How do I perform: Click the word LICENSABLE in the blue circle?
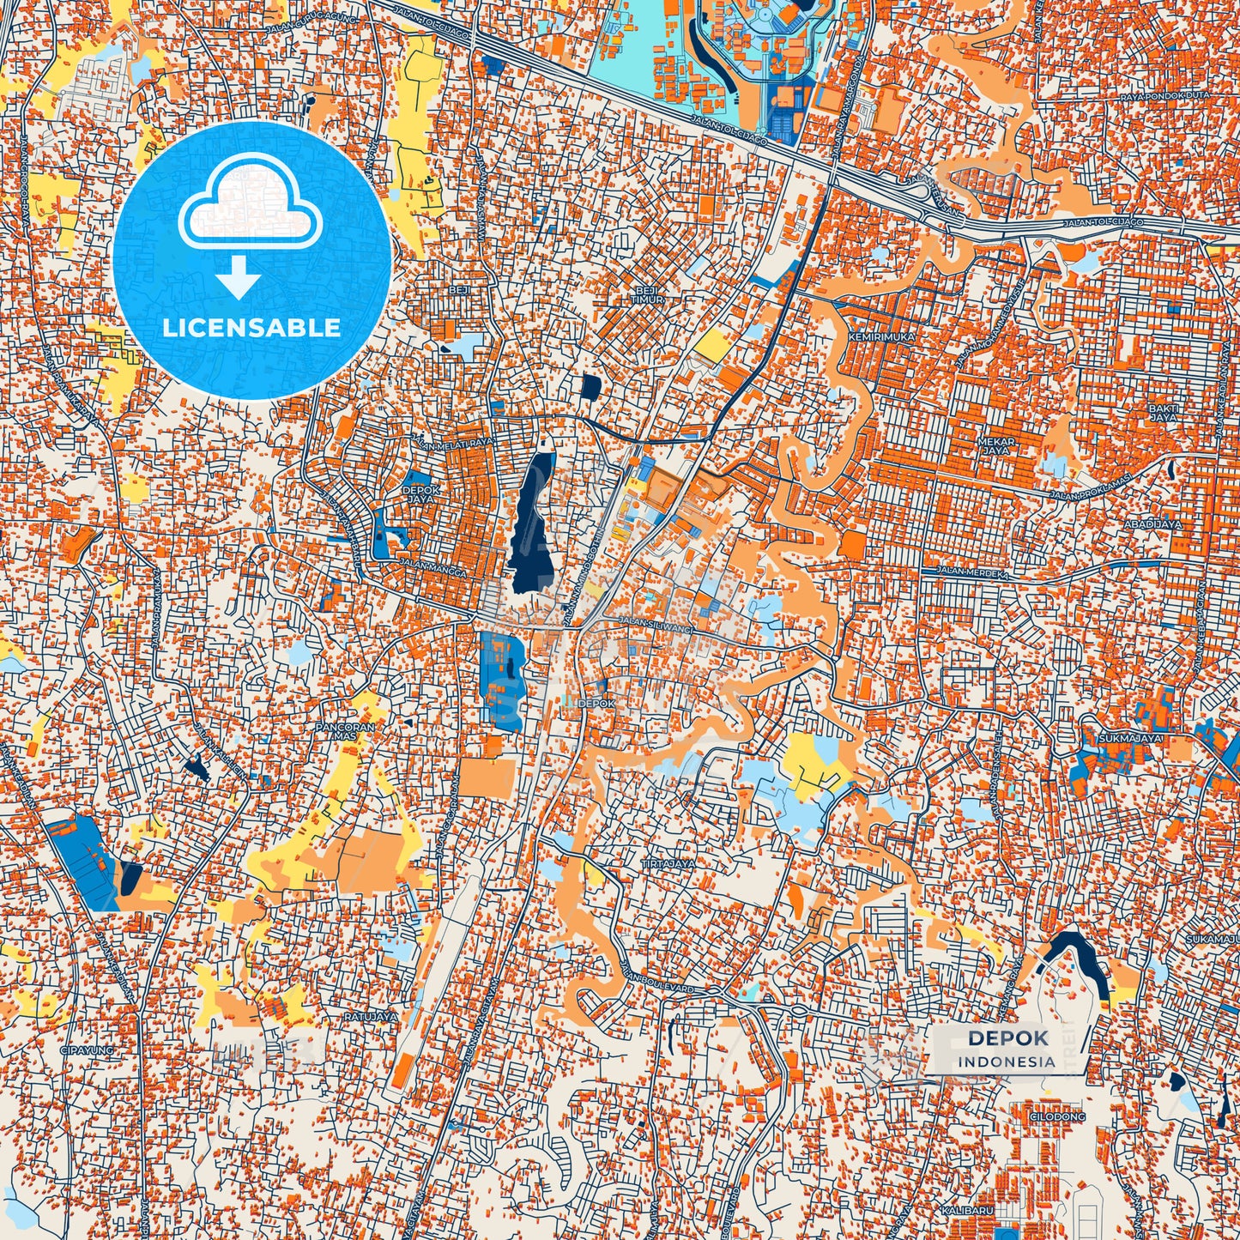pos(251,328)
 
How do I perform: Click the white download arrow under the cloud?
pos(238,279)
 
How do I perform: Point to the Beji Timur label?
pos(649,295)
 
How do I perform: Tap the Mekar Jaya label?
pos(996,446)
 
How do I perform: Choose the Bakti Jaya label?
pos(1163,413)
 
